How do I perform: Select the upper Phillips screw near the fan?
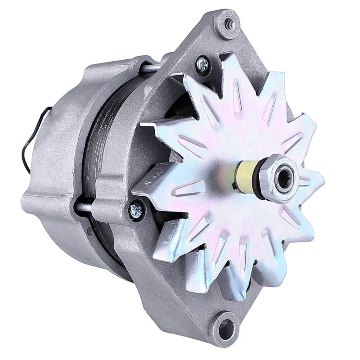202,66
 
